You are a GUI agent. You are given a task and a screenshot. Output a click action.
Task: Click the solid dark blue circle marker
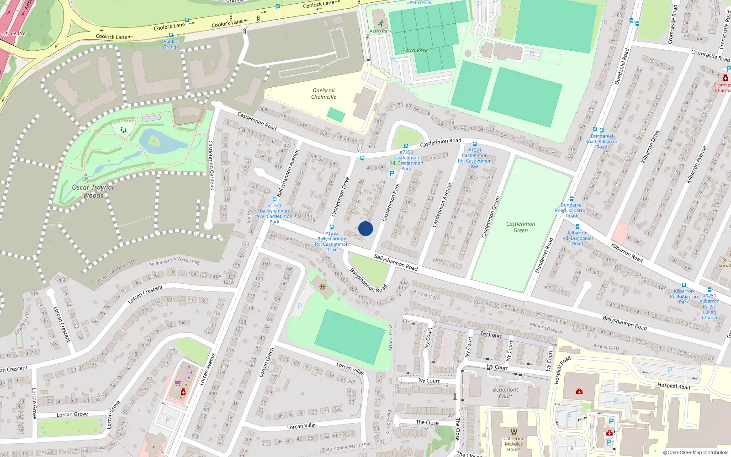tap(365, 228)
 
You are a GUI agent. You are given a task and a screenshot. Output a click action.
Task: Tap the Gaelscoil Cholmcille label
tap(323, 94)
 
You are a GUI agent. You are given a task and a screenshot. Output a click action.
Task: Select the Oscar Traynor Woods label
tap(93, 191)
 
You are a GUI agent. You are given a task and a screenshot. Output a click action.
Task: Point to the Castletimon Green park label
tap(520, 227)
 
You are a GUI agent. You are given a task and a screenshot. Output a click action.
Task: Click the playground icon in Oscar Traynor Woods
tap(123, 130)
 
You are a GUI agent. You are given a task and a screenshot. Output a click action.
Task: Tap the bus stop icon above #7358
tap(406, 146)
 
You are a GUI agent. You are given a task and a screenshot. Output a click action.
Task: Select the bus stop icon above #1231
tap(475, 144)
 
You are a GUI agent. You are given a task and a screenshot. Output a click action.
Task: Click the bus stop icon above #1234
tap(274, 199)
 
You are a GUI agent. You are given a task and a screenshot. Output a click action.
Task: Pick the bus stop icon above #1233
tap(332, 227)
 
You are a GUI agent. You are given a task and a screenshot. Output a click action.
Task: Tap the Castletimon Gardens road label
tap(211, 165)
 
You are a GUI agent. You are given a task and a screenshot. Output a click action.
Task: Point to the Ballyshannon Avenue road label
tap(287, 173)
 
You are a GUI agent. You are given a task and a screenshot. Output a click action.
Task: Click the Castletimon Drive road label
tap(340, 197)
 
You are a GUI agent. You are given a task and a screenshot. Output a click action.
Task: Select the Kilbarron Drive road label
tap(651, 147)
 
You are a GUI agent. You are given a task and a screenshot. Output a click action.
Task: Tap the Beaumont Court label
tap(505, 393)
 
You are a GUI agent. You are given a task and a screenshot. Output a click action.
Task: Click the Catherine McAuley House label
tap(514, 444)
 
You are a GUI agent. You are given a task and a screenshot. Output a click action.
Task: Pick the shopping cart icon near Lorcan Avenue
tap(177, 383)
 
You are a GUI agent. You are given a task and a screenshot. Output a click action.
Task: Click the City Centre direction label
tap(14, 33)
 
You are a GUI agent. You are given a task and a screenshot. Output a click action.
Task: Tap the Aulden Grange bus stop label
tap(171, 44)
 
